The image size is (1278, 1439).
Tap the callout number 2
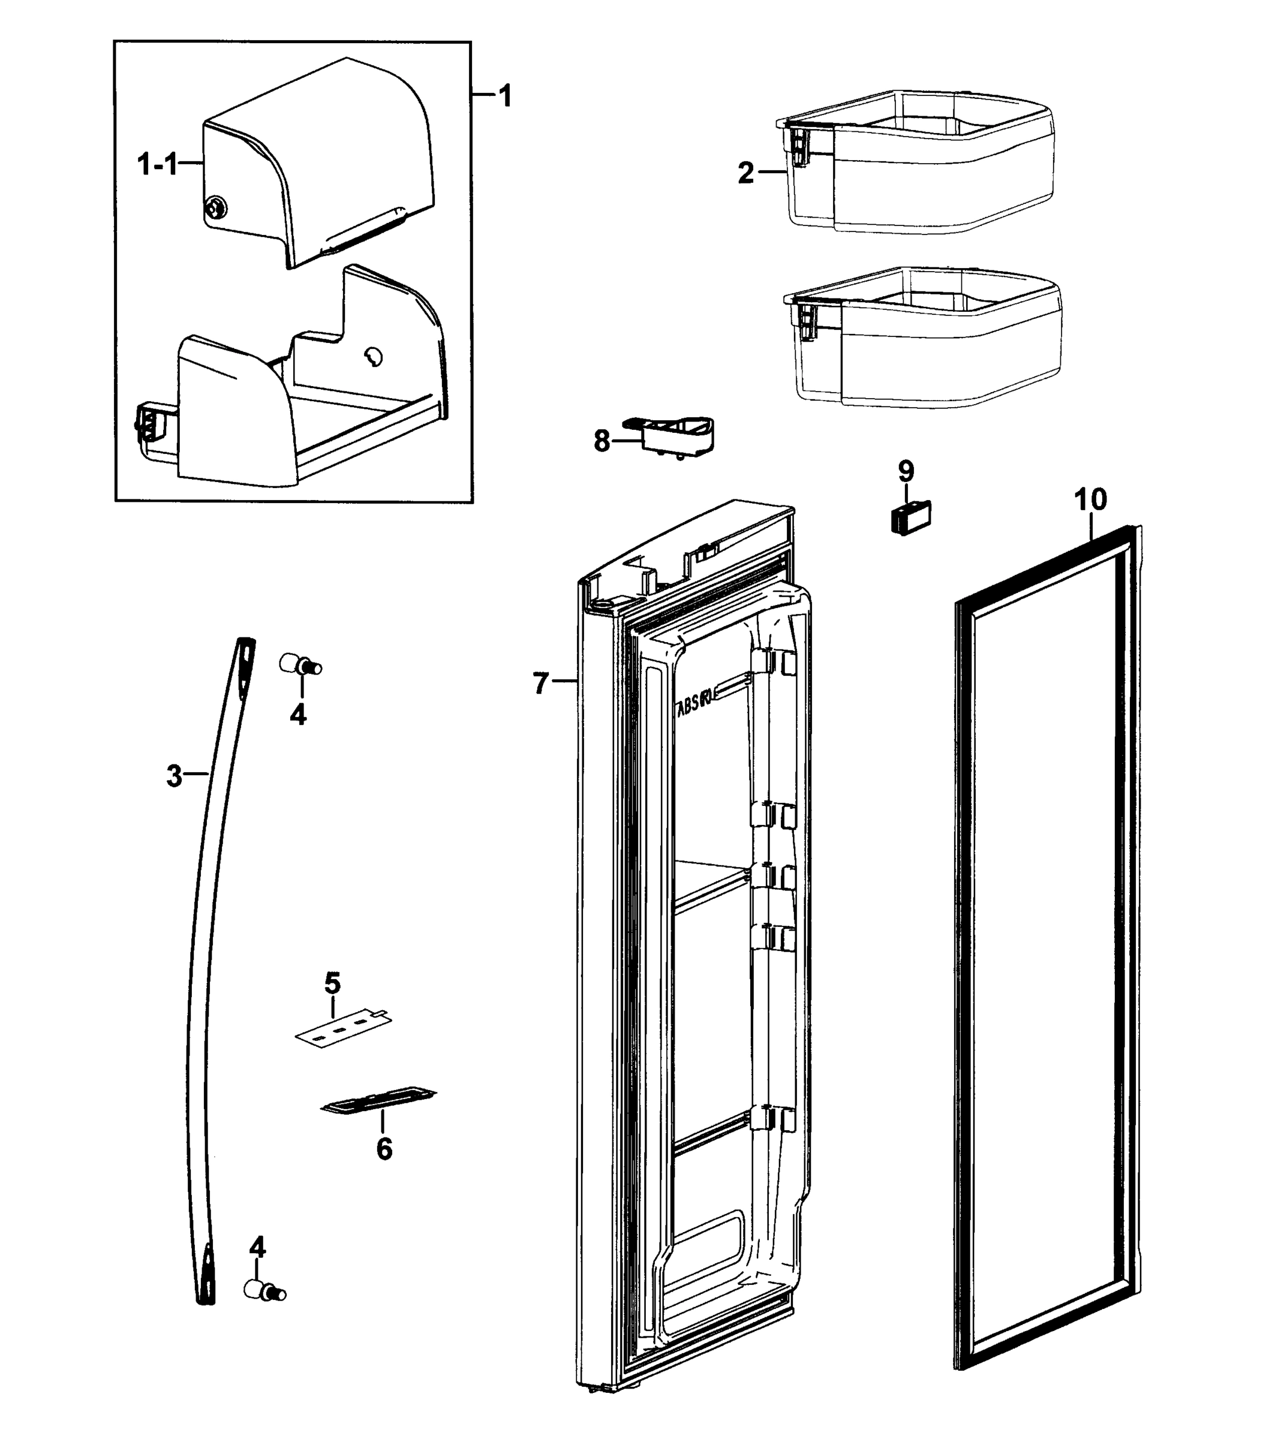745,173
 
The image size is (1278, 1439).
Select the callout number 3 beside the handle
174,776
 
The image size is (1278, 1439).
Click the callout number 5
332,983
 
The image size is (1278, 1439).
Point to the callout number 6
384,1149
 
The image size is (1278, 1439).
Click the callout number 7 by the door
540,683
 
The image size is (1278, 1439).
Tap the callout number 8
602,442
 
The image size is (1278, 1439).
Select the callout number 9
906,469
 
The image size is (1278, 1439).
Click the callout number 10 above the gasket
1090,500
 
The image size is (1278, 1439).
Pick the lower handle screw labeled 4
264,1291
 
